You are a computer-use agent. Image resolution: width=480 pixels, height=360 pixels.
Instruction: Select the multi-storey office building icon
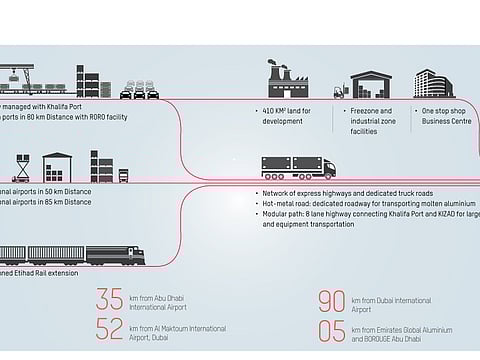(x=432, y=84)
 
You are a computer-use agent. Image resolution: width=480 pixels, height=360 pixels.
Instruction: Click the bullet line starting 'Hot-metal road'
(x=355, y=203)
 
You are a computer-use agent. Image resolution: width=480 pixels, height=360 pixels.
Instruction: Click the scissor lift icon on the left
(x=21, y=163)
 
